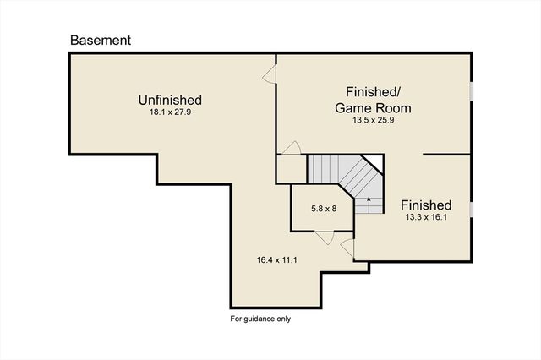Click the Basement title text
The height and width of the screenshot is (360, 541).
101,41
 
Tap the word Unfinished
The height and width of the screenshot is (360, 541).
170,100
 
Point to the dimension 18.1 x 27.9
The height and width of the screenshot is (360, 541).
170,112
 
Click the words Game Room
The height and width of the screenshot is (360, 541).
373,108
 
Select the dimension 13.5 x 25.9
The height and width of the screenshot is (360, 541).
374,120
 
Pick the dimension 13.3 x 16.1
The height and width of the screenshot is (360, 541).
426,217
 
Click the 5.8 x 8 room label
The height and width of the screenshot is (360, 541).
324,209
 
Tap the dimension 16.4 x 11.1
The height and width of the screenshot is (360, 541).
276,260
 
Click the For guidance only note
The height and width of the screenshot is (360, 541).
260,319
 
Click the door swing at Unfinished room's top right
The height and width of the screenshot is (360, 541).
270,74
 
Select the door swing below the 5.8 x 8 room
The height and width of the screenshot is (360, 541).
325,238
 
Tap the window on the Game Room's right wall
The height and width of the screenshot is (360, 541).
471,92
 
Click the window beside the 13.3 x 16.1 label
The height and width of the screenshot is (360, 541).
471,210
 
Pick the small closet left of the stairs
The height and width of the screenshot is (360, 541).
292,169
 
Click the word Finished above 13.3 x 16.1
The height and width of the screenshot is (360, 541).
426,205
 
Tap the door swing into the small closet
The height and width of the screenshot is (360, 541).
292,148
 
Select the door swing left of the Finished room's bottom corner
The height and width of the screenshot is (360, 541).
347,248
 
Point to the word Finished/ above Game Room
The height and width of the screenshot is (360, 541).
373,92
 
